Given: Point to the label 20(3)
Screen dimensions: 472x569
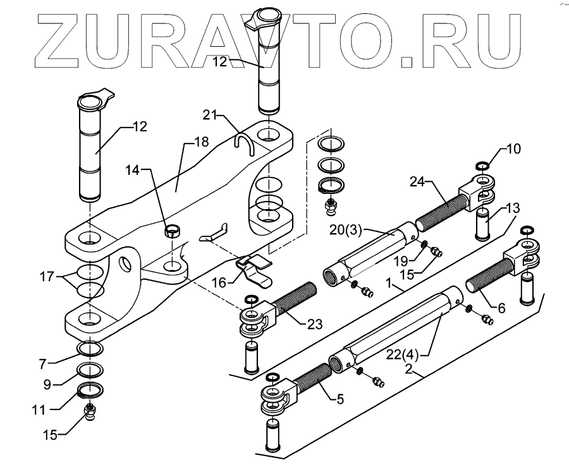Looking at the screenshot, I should tap(345, 230).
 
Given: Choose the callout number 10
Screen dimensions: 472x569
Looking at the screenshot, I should tap(514, 149).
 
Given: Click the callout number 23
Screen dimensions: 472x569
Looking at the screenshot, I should tap(314, 324).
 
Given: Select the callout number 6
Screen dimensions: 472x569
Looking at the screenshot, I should tap(501, 308).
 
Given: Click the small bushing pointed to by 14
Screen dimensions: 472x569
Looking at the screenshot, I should tap(169, 229).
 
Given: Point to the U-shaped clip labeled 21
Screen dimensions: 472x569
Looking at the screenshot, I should tap(244, 143).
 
